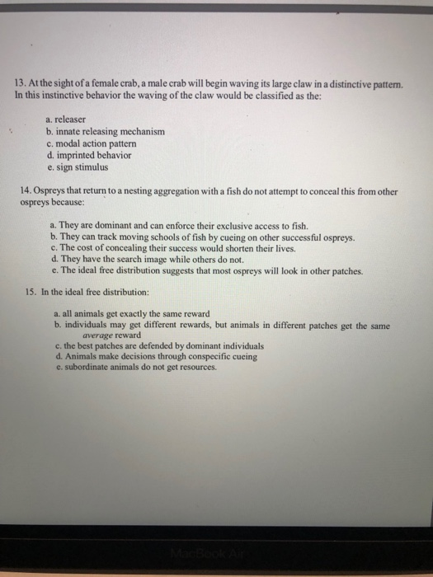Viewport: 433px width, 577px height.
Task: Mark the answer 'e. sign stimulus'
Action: click(x=80, y=166)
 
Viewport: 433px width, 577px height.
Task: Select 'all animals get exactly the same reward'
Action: click(x=132, y=315)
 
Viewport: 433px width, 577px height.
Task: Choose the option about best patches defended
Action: click(x=157, y=346)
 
